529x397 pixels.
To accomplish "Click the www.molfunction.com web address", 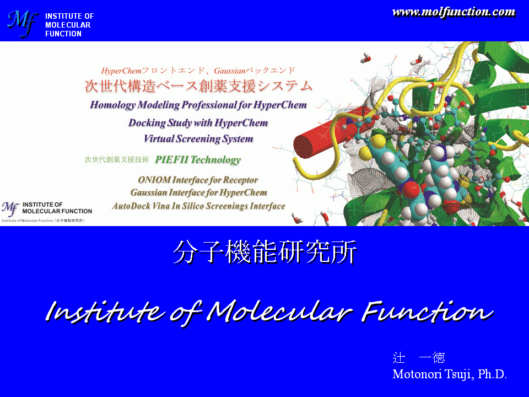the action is pos(454,12).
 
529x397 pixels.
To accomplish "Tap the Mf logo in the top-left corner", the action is pos(22,24).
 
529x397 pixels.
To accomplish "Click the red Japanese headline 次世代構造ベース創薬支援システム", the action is pos(198,86).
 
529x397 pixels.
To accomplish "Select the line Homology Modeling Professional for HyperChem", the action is pos(198,105).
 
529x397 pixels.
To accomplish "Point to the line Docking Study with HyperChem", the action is pos(198,122).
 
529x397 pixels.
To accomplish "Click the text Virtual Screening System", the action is pos(198,139).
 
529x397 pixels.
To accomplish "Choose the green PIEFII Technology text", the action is pos(198,160).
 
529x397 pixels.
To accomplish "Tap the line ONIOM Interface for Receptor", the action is pos(198,180).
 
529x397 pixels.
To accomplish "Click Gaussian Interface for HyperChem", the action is pos(199,193).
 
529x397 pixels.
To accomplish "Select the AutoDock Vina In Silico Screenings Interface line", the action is pos(199,206).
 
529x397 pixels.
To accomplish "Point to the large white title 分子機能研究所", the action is pos(265,252).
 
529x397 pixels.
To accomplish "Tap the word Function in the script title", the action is pos(428,311).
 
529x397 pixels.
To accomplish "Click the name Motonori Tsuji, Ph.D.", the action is pos(450,374).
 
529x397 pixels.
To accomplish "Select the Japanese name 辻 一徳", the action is pos(419,357).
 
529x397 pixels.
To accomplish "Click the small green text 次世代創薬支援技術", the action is pos(116,159).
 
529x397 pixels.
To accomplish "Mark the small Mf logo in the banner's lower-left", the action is pos(10,208).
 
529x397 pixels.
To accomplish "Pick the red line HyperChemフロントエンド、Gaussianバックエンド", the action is pos(198,71).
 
